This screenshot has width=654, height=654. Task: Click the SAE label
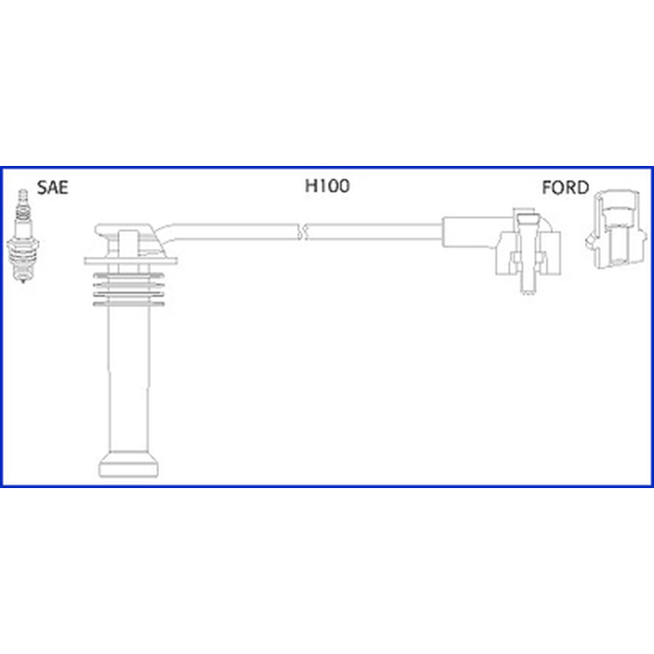point(52,188)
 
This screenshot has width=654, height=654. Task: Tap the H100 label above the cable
point(328,186)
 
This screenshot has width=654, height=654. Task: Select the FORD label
point(565,188)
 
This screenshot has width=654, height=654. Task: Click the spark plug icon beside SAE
point(24,236)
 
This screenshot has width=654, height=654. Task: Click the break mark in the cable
point(303,231)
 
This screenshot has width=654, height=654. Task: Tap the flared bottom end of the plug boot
point(128,464)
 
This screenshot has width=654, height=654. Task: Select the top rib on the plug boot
point(128,275)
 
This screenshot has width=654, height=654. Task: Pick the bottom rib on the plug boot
point(128,303)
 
